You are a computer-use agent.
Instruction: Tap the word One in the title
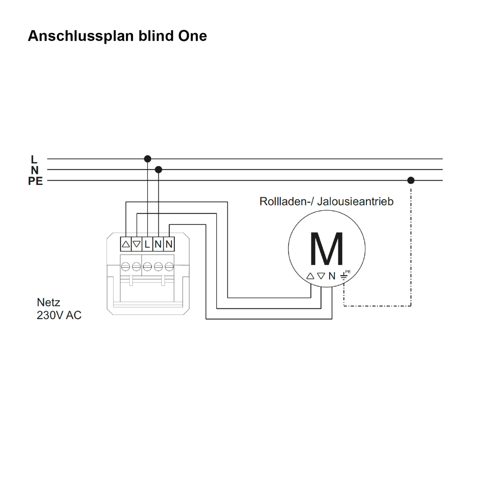[x=192, y=36]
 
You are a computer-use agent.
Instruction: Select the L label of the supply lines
[x=34, y=159]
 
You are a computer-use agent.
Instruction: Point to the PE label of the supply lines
[x=35, y=181]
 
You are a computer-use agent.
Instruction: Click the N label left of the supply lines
[x=35, y=170]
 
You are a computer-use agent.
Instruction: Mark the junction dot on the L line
[x=148, y=159]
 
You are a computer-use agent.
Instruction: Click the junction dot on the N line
[x=158, y=170]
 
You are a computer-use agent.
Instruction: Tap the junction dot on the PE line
[x=411, y=181]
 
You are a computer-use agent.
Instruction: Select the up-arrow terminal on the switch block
[x=126, y=244]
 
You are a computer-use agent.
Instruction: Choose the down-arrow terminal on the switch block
[x=137, y=244]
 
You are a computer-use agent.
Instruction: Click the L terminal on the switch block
[x=147, y=244]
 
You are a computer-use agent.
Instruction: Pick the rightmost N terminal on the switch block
[x=169, y=244]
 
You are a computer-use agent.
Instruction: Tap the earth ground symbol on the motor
[x=344, y=276]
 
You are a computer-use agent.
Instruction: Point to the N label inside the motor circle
[x=332, y=276]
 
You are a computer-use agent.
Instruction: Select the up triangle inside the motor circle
[x=310, y=276]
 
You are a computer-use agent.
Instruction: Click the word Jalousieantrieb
[x=355, y=202]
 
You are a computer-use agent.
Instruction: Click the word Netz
[x=49, y=302]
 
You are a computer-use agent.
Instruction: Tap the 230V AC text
[x=59, y=315]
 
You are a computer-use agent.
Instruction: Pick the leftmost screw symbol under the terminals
[x=126, y=266]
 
